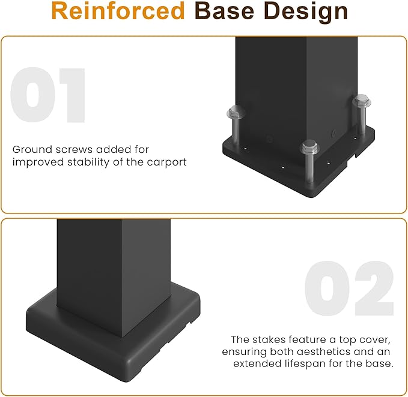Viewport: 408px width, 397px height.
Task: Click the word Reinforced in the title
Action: (118, 11)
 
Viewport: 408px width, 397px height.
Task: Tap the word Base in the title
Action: (224, 11)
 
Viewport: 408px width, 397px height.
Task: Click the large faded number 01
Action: (48, 95)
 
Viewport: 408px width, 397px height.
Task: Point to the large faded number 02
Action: (349, 288)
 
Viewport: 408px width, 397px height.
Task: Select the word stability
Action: (88, 163)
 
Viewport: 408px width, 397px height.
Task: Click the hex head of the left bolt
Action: (236, 112)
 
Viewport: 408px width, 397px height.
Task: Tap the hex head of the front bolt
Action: (309, 146)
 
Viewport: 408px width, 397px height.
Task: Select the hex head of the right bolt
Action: (362, 101)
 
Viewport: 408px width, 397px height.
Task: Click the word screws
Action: (74, 150)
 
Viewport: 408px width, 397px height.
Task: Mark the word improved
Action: (38, 163)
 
